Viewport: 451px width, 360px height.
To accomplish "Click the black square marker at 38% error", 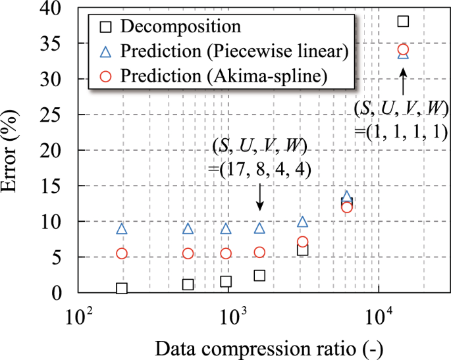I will [404, 21].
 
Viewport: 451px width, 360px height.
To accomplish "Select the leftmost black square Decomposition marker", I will [122, 288].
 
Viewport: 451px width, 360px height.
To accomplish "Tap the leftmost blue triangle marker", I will [122, 228].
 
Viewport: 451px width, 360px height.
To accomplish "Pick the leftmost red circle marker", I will [122, 253].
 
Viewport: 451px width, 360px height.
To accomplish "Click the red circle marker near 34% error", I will [404, 49].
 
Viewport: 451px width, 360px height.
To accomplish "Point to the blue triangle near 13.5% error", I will [348, 197].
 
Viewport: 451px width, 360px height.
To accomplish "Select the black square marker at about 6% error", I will [302, 249].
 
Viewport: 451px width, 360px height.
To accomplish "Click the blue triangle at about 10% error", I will [302, 222].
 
